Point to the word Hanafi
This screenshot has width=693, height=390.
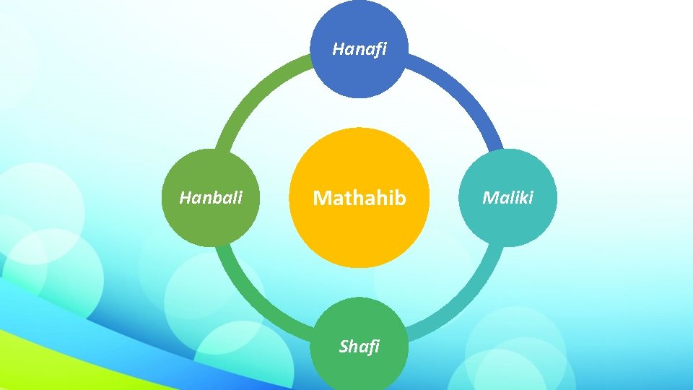pos(359,49)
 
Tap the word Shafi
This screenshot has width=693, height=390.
pos(359,347)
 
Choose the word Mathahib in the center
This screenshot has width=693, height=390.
pos(359,198)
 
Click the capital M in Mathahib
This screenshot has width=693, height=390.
pos(321,198)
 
